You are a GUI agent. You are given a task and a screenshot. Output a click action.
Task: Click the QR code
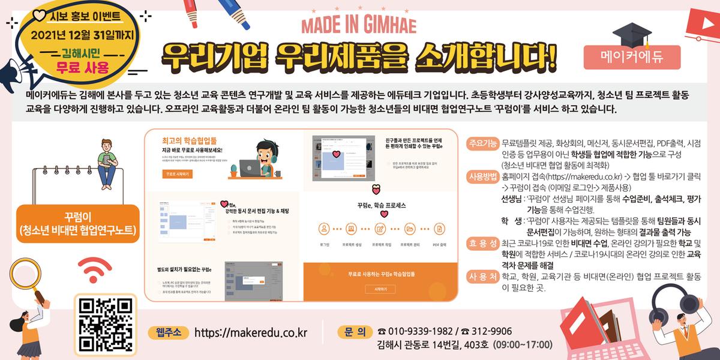click(106, 324)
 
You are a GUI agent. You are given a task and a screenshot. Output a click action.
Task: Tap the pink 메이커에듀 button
click(632, 56)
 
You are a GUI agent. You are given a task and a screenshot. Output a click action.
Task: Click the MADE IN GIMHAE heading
click(359, 26)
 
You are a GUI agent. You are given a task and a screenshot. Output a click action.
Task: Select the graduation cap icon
click(631, 33)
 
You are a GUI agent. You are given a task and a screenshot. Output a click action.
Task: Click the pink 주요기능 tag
click(483, 143)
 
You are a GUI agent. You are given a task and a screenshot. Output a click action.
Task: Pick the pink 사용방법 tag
click(483, 176)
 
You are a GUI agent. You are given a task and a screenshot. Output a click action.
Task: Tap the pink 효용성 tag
click(483, 243)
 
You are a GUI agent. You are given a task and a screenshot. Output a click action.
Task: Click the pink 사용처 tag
click(483, 276)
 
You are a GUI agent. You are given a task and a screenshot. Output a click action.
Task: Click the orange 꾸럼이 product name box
click(78, 223)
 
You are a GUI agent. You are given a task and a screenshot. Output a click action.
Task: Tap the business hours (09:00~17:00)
click(522, 345)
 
